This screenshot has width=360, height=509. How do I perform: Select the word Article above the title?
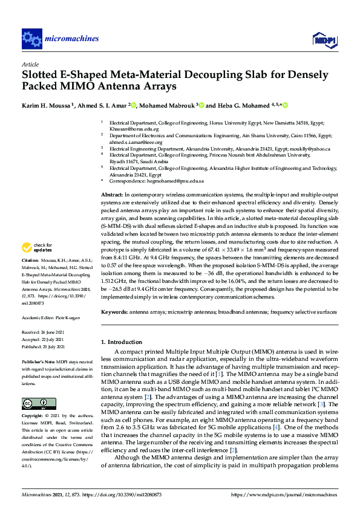[30, 63]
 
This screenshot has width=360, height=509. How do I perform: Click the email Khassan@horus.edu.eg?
[134, 129]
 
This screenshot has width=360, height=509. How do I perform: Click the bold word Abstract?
[111, 195]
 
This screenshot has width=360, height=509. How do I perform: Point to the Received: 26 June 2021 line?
[44, 332]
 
